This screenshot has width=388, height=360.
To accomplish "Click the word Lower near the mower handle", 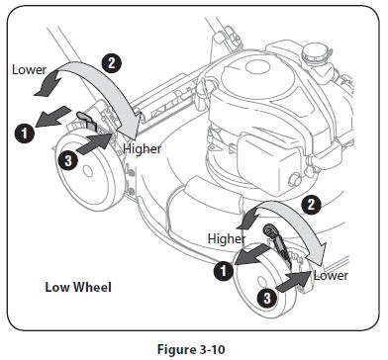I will click(x=29, y=69).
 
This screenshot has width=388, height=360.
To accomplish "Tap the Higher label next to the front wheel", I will click(x=227, y=238).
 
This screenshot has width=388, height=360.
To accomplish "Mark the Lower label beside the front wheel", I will click(x=331, y=275).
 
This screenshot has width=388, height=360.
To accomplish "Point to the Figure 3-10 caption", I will click(x=194, y=348).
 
